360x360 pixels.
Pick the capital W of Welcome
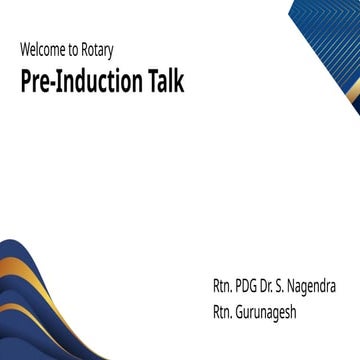click(24, 49)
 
